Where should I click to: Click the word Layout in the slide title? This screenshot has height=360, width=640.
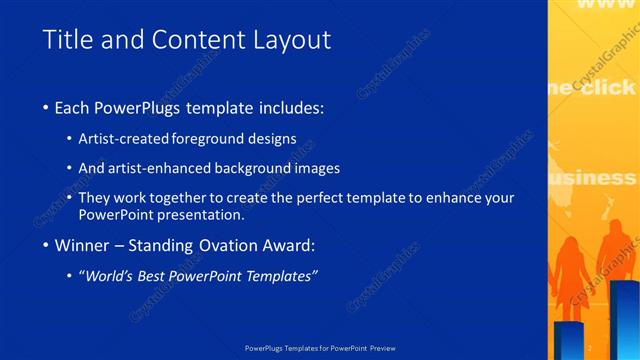click(x=290, y=40)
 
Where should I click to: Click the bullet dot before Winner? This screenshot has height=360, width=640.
click(x=47, y=246)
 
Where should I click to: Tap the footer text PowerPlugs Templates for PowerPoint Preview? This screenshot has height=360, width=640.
click(x=319, y=348)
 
